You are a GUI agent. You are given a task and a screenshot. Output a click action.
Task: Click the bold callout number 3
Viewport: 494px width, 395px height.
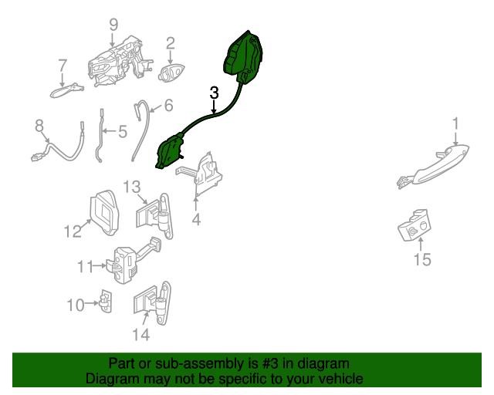tap(214, 93)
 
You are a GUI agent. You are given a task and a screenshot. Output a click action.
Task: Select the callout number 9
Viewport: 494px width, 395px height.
tap(113, 25)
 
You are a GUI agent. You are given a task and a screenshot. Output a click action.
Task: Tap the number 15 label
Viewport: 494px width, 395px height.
tap(422, 259)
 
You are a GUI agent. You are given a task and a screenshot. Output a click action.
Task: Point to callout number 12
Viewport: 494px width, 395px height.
tap(73, 231)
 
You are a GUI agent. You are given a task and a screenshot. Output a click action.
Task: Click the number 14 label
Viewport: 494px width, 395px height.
tap(140, 335)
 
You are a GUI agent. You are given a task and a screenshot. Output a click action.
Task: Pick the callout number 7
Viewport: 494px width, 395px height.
tap(63, 66)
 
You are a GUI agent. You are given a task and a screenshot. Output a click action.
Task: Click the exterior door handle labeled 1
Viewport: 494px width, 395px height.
tap(434, 167)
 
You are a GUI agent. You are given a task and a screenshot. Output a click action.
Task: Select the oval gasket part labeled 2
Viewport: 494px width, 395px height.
tap(171, 73)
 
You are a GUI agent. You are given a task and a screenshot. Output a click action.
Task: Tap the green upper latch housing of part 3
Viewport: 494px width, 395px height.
tap(243, 56)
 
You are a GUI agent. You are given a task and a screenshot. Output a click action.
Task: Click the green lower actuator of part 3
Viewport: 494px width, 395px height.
tap(170, 152)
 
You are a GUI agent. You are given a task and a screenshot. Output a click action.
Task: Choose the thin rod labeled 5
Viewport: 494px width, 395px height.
tap(100, 136)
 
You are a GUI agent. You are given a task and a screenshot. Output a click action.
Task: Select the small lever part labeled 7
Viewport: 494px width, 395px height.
tap(67, 91)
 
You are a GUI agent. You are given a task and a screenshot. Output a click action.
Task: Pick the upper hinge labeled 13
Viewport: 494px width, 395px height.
tap(154, 215)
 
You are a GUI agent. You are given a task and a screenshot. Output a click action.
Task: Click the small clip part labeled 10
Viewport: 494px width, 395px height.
tap(106, 301)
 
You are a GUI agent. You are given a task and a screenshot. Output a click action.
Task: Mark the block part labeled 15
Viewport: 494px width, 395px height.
tap(414, 225)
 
